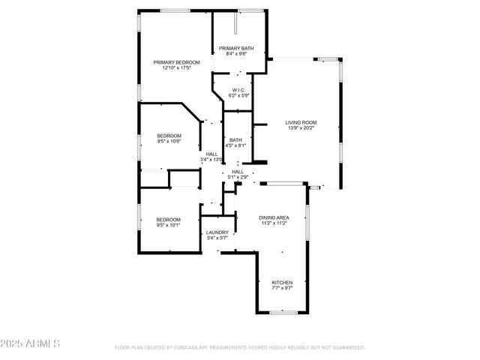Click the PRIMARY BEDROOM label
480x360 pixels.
click(x=177, y=62)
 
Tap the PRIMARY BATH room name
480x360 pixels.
click(x=236, y=48)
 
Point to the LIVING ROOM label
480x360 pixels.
click(x=301, y=122)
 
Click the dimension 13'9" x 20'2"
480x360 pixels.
click(x=301, y=128)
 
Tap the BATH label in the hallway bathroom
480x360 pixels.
click(x=235, y=139)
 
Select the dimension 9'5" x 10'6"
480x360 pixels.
click(x=169, y=141)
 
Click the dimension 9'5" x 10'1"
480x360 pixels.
click(x=169, y=225)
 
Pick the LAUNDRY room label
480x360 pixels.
click(x=217, y=232)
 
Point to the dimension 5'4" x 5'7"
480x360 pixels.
click(x=217, y=238)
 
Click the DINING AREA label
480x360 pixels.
click(x=274, y=217)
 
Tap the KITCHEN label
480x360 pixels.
click(x=282, y=282)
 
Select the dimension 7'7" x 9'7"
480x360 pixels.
click(x=282, y=288)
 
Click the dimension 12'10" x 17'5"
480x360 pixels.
click(x=177, y=68)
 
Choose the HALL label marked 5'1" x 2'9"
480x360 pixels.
click(x=238, y=172)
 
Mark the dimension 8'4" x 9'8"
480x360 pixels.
click(x=236, y=54)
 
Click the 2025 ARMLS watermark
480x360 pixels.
click(x=31, y=343)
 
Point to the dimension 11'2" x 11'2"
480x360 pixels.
click(x=274, y=223)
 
